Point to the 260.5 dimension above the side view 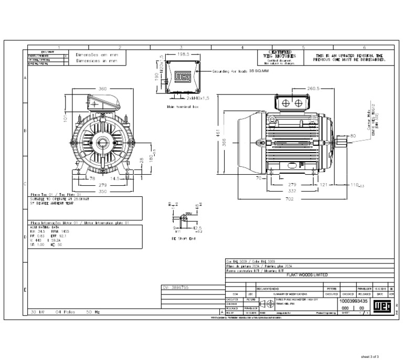click(314, 89)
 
